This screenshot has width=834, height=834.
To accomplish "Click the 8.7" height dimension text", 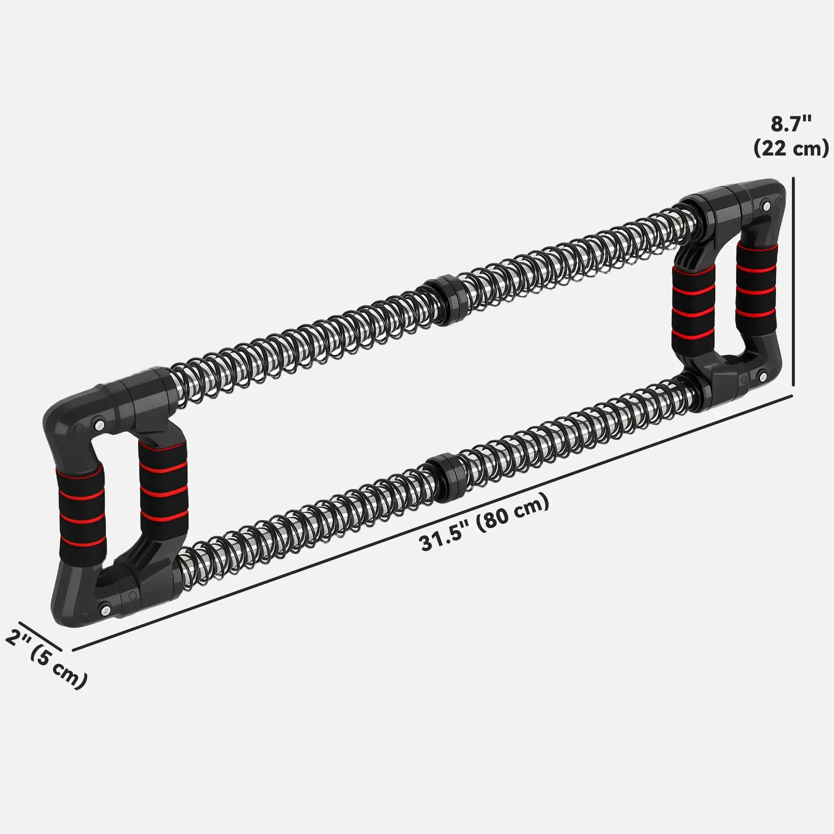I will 791,124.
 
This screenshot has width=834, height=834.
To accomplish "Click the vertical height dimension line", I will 793,281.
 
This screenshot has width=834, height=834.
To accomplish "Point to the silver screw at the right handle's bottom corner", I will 762,377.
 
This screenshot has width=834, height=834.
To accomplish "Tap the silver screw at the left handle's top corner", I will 99,424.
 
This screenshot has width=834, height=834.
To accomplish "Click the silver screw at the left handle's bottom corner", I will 105,609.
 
